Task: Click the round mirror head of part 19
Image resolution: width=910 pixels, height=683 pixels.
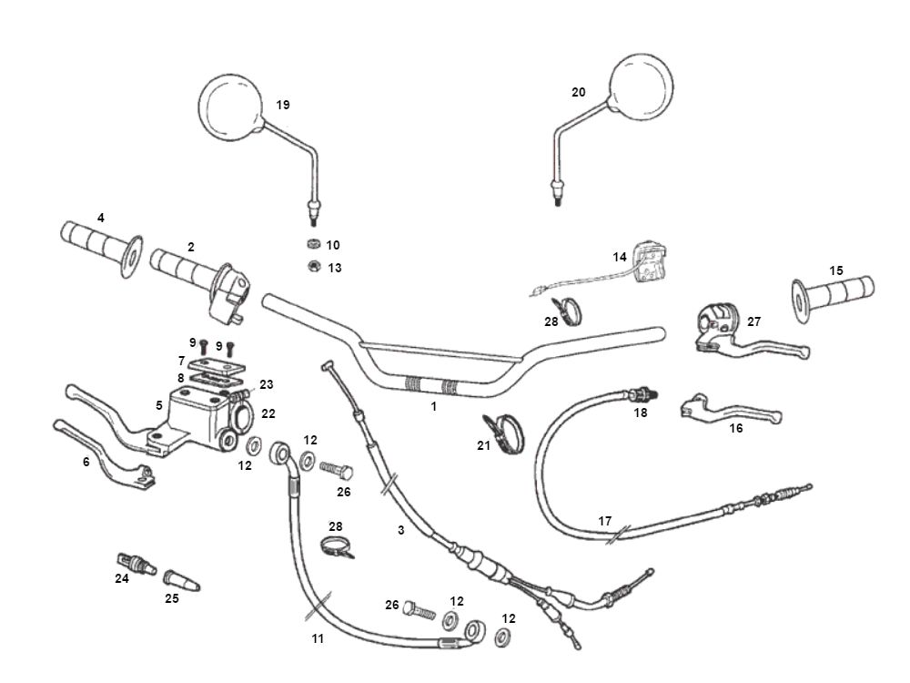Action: coord(229,107)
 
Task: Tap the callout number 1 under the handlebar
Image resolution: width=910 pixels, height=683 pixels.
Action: coord(434,406)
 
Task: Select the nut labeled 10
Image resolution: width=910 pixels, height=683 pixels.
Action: coord(311,245)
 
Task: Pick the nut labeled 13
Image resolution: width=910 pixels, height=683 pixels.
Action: coord(311,267)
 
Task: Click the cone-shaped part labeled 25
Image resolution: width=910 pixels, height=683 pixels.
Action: coord(180,580)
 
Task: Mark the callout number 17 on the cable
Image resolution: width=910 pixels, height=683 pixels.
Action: coord(605,522)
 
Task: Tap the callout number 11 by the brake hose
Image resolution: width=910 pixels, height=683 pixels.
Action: coord(318,638)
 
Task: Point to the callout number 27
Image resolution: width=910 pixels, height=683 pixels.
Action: coord(753,321)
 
